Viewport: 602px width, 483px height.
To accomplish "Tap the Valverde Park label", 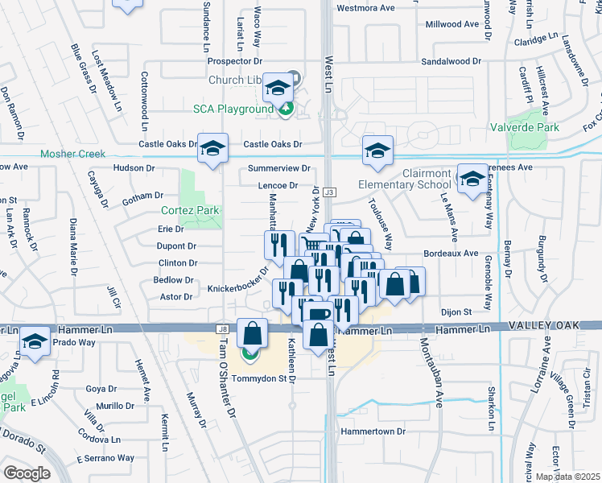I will (x=525, y=127).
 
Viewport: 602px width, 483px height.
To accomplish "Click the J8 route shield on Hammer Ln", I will (x=221, y=328).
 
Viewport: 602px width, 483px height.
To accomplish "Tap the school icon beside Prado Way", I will (x=35, y=342).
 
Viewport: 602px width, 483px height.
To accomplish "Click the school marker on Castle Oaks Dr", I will (x=212, y=149).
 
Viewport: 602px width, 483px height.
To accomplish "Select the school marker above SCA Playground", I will (x=278, y=88).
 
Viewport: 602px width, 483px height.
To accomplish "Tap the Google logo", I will (x=27, y=473).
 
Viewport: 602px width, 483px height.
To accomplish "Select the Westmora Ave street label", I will (x=365, y=8).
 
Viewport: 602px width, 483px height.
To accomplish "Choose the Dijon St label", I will (x=456, y=312).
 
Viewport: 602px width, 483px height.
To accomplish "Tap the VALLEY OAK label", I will (x=555, y=325).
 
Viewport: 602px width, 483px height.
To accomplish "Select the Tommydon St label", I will (x=261, y=378).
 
